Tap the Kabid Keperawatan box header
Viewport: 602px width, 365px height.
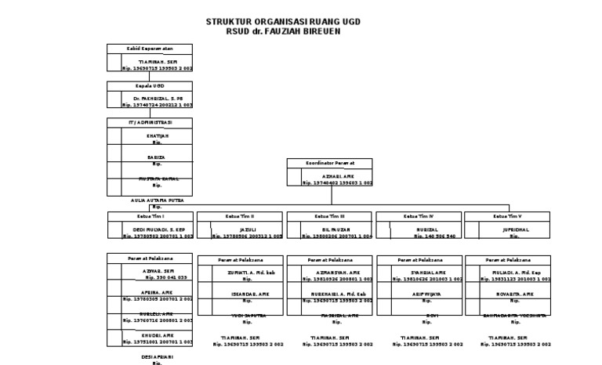150,49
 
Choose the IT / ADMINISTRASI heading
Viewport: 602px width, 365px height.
150,122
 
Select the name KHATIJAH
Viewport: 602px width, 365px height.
158,136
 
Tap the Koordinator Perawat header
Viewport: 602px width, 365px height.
328,162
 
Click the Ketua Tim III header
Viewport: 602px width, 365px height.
328,215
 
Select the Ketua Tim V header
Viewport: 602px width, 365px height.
507,215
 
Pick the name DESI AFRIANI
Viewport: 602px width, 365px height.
157,357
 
